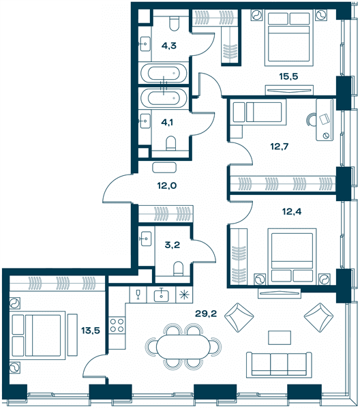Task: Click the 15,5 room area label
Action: tap(288, 76)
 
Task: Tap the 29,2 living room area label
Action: tap(206, 314)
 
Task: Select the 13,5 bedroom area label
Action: tap(91, 331)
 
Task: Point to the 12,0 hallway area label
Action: tap(166, 185)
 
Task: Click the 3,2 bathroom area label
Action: tap(172, 245)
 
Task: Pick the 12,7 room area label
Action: tap(279, 147)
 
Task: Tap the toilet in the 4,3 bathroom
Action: tap(174, 23)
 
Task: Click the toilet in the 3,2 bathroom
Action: tap(179, 269)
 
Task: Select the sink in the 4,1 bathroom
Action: tap(145, 121)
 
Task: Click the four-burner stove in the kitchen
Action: tap(117, 325)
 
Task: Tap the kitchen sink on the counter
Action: tap(161, 295)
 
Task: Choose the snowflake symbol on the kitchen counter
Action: tap(184, 294)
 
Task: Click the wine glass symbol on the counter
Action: tap(138, 295)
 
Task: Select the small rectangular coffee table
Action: tap(280, 338)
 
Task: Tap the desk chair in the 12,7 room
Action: tap(312, 119)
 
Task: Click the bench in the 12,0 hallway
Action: tap(164, 167)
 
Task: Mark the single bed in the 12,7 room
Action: tap(258, 112)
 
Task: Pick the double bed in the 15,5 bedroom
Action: tap(289, 37)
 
